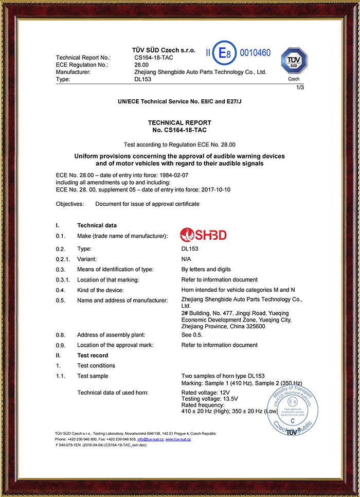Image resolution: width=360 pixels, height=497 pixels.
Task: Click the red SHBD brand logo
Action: click(x=203, y=235)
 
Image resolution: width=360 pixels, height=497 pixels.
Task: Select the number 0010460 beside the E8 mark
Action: click(x=255, y=53)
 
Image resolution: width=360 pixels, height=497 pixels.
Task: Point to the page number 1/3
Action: click(x=300, y=88)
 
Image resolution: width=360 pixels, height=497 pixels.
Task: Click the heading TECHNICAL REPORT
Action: click(x=179, y=122)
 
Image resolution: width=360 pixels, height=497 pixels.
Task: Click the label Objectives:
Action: click(x=70, y=204)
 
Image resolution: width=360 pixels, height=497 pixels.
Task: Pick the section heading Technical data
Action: click(x=97, y=225)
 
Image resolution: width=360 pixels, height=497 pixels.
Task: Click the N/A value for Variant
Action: click(x=187, y=259)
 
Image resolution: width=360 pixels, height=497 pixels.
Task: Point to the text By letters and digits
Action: click(x=206, y=269)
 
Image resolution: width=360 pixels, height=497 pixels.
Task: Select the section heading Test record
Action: click(x=93, y=356)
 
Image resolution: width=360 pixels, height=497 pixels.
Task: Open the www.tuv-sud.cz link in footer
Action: click(x=178, y=440)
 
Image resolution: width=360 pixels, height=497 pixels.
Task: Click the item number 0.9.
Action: click(x=60, y=345)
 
